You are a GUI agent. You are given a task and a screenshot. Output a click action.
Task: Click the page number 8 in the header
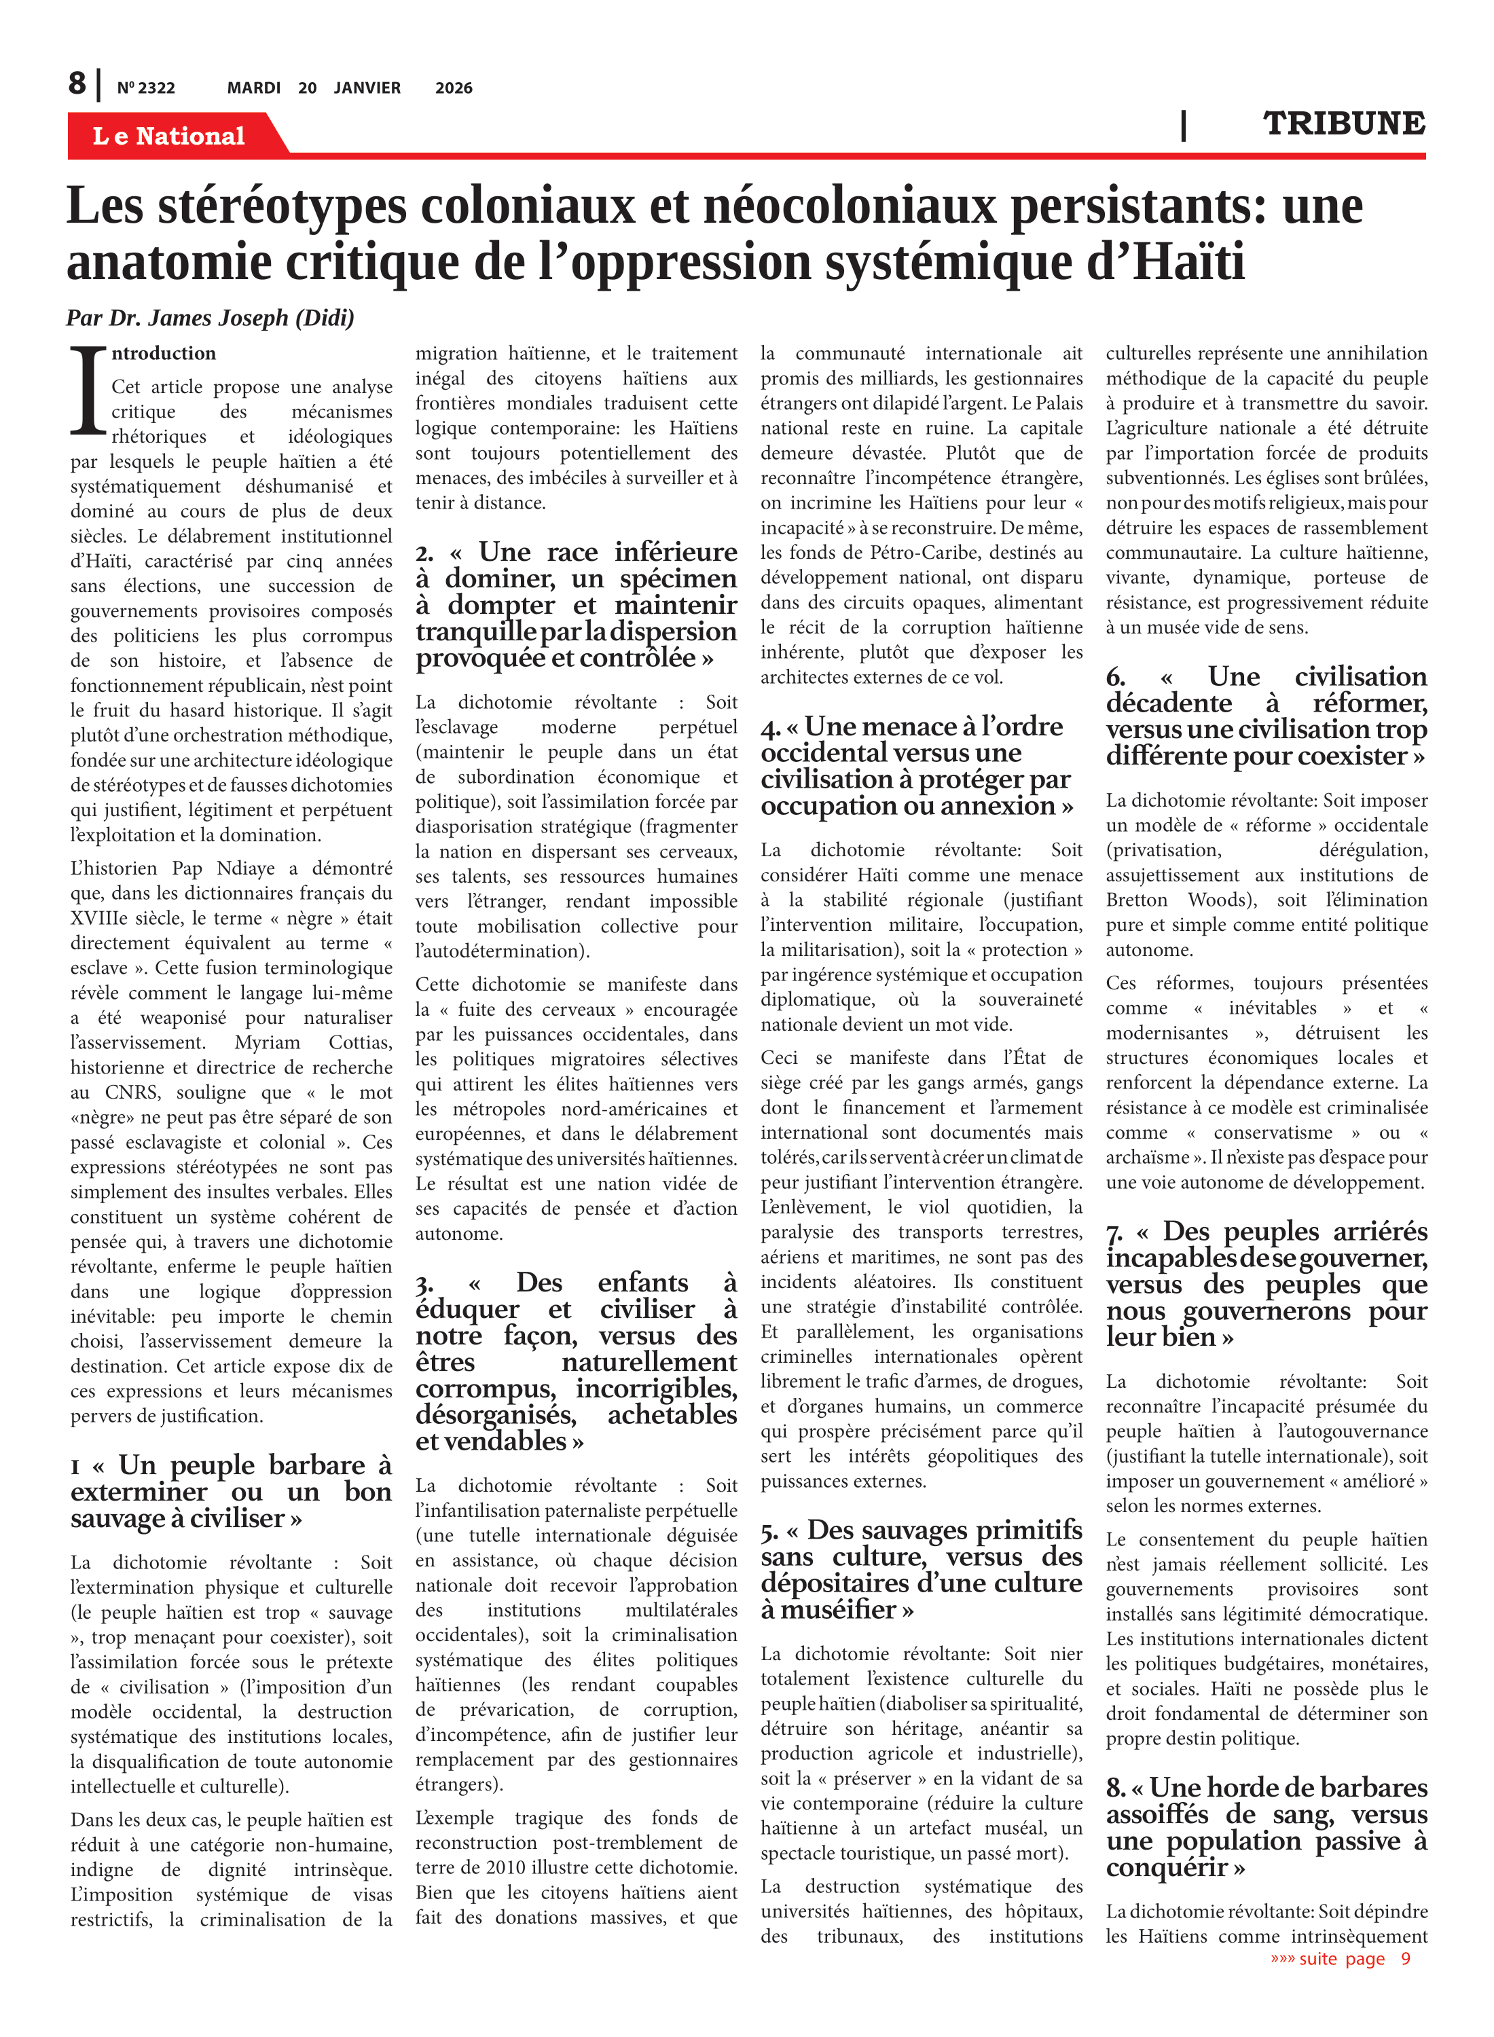coord(78,84)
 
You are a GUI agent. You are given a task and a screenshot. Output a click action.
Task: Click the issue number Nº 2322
coord(145,88)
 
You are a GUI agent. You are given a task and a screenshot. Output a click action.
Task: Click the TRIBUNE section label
coord(1344,123)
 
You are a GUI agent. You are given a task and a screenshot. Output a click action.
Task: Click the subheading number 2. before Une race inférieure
coord(424,553)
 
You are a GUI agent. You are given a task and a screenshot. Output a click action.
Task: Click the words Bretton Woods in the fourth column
coord(1166,900)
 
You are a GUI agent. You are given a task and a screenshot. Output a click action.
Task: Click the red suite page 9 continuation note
coord(1341,1958)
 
